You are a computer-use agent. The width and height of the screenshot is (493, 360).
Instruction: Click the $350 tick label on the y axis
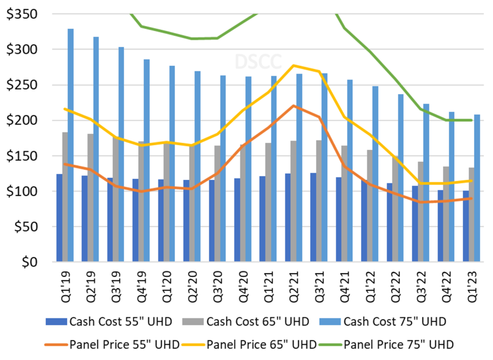[23, 14]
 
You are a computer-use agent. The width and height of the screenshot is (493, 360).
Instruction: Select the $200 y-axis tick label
[23, 120]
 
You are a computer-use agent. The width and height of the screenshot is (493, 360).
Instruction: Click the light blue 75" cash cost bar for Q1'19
[71, 145]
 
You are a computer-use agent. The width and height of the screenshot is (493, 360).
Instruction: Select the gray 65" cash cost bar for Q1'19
[65, 198]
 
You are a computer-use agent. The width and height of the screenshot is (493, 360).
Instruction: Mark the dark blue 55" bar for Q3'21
[313, 217]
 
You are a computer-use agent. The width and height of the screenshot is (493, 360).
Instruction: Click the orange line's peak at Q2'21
[294, 106]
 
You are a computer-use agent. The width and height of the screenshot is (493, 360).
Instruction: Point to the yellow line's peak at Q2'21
[294, 66]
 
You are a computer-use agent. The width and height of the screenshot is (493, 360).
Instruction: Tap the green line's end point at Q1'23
[471, 120]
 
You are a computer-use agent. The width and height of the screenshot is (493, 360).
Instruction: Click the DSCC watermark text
[251, 62]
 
